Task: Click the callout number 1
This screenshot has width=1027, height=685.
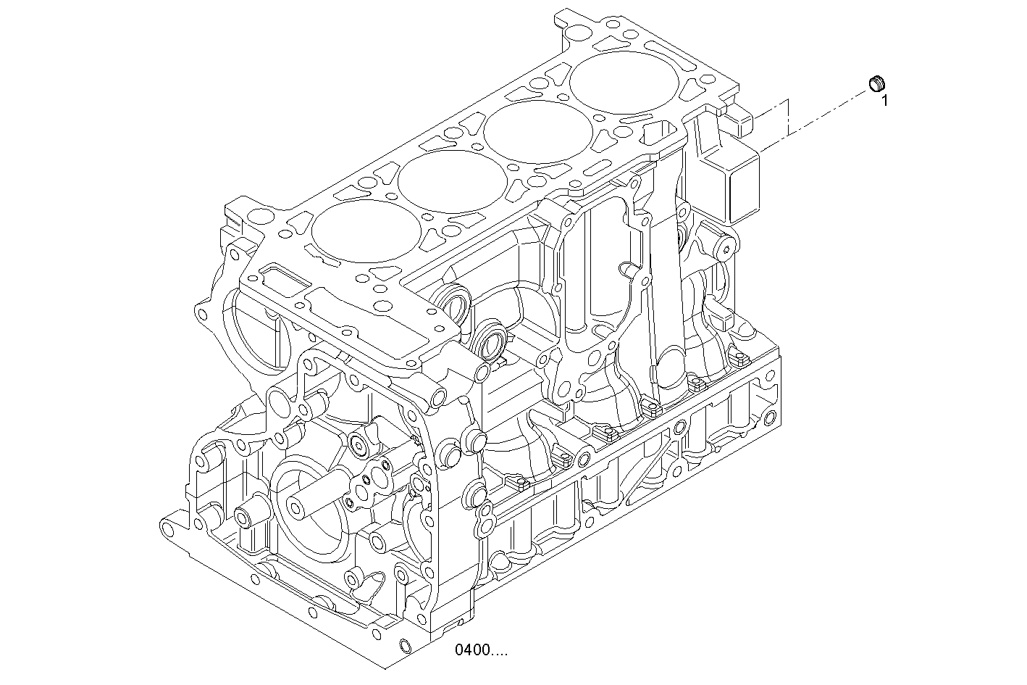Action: point(884,101)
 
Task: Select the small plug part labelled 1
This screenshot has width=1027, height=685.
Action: point(877,84)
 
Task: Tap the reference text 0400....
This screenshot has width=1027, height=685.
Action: point(481,650)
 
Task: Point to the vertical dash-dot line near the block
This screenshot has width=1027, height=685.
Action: point(787,116)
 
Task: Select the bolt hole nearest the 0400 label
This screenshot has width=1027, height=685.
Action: point(405,645)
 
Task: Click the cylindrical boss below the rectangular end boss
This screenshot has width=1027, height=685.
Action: point(725,249)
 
